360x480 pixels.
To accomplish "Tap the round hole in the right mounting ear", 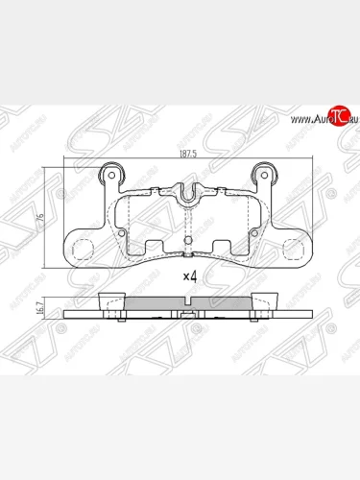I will pyautogui.click(x=263, y=177).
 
